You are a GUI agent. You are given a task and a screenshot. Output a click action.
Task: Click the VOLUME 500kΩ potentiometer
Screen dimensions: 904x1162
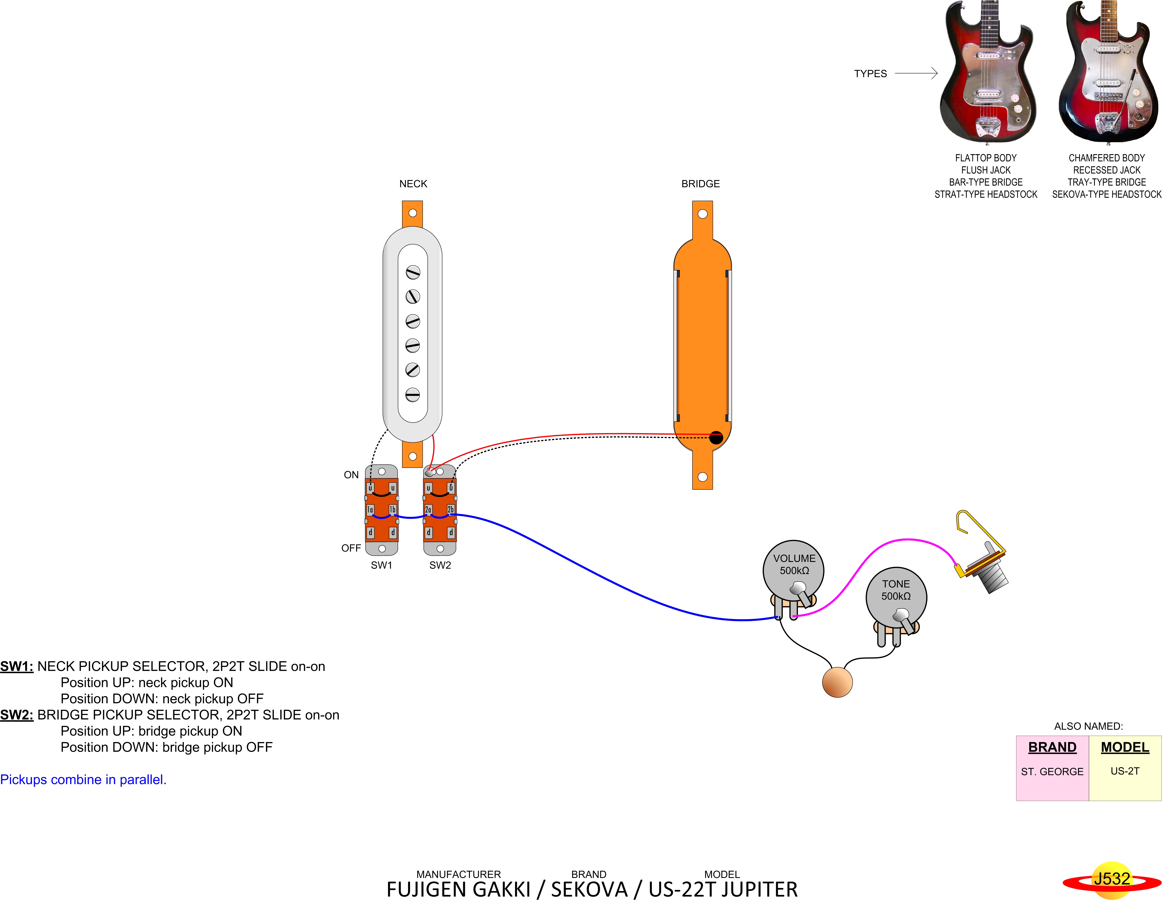793,571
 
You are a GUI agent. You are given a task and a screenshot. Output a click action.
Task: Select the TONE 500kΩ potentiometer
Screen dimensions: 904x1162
896,596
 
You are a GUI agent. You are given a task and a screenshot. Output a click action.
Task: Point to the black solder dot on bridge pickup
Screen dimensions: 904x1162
716,438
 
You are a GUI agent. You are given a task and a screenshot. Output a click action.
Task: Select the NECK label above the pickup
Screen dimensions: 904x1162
413,184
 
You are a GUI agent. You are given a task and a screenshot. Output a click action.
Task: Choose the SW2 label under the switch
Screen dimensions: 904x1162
440,565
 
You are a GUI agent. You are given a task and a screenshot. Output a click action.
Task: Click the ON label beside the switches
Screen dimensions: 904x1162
351,475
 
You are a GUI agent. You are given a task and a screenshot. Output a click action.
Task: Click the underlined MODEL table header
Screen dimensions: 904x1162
1125,747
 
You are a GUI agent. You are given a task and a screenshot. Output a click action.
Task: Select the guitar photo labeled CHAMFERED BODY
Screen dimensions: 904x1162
1108,72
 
